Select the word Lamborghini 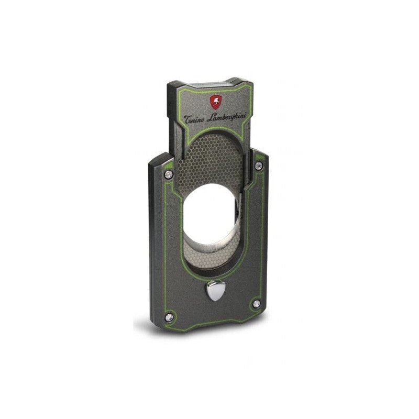pos(231,116)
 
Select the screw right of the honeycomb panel pos(258,166)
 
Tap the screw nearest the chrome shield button pos(256,303)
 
